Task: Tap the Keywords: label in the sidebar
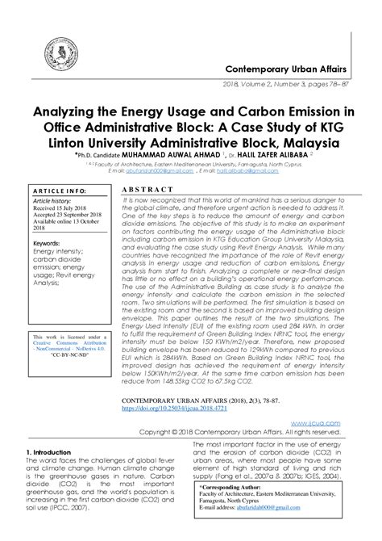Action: pyautogui.click(x=49, y=242)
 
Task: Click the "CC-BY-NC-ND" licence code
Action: pyautogui.click(x=70, y=376)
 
